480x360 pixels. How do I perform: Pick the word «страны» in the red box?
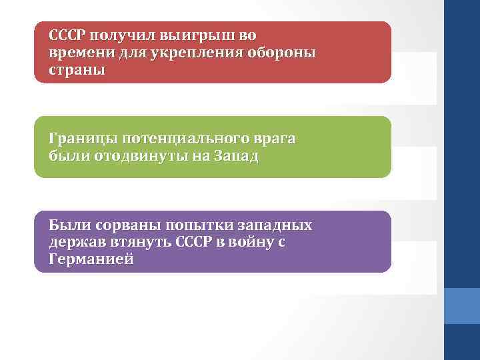pyautogui.click(x=77, y=69)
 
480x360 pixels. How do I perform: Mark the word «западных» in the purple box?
pyautogui.click(x=280, y=225)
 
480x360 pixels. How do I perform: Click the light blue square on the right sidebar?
pyautogui.click(x=461, y=306)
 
